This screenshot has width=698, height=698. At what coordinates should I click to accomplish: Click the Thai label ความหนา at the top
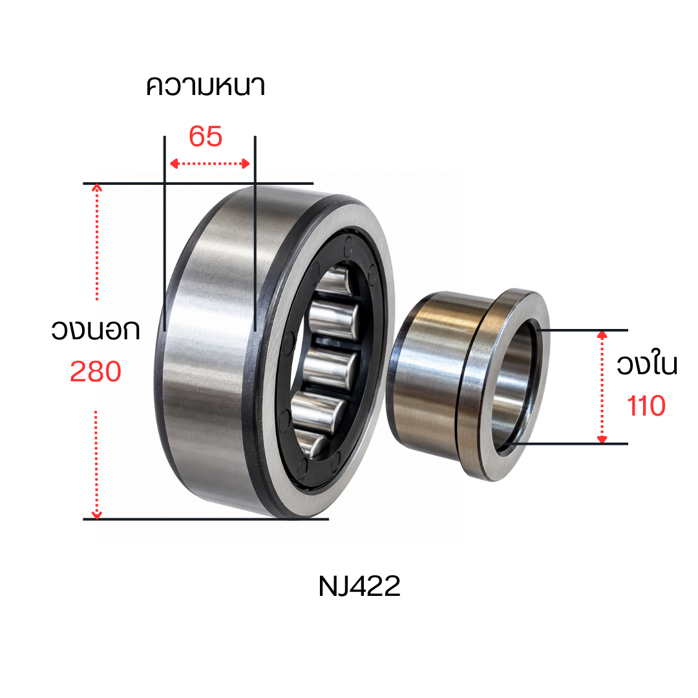pyautogui.click(x=206, y=86)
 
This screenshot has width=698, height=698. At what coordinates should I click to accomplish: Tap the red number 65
pyautogui.click(x=206, y=136)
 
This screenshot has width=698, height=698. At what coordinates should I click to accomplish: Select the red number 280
pyautogui.click(x=96, y=372)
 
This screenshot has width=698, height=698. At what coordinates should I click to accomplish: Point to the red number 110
pyautogui.click(x=646, y=406)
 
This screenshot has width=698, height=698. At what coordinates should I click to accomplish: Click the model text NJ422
pyautogui.click(x=359, y=586)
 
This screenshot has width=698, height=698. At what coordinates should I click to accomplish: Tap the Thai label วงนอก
pyautogui.click(x=96, y=330)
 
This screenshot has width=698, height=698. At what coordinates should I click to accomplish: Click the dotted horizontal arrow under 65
pyautogui.click(x=209, y=164)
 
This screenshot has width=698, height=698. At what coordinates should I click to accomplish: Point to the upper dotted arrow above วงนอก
pyautogui.click(x=97, y=242)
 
